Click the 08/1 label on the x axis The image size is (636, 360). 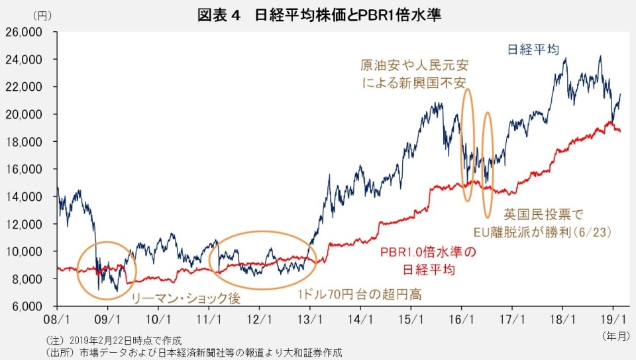coord(58,318)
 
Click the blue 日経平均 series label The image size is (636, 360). coord(532,49)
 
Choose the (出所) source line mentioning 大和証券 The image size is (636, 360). coord(192,351)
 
